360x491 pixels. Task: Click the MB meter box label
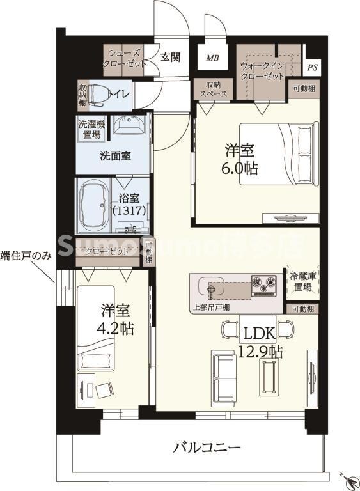tap(212, 58)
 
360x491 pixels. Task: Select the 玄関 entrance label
tap(169, 57)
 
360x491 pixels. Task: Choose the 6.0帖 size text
tap(240, 169)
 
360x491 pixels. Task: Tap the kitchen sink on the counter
tap(214, 284)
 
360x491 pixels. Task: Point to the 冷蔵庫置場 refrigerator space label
tap(301, 282)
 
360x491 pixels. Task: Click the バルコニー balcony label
tap(207, 447)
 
